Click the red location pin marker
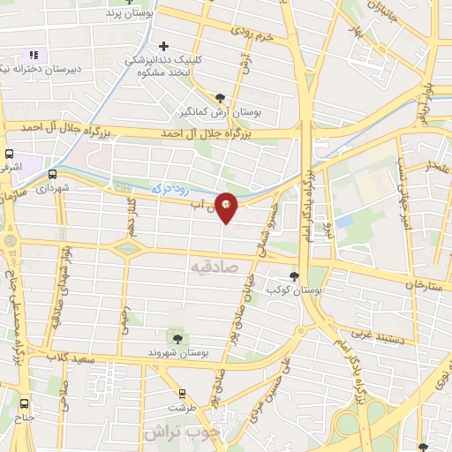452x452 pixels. click(227, 207)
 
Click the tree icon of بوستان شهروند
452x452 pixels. click(177, 338)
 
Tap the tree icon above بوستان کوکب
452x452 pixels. click(295, 275)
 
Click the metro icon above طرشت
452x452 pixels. click(184, 395)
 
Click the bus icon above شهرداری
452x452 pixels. click(52, 174)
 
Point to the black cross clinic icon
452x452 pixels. click(163, 46)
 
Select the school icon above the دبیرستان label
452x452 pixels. click(34, 55)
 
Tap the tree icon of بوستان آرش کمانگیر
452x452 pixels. click(220, 98)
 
